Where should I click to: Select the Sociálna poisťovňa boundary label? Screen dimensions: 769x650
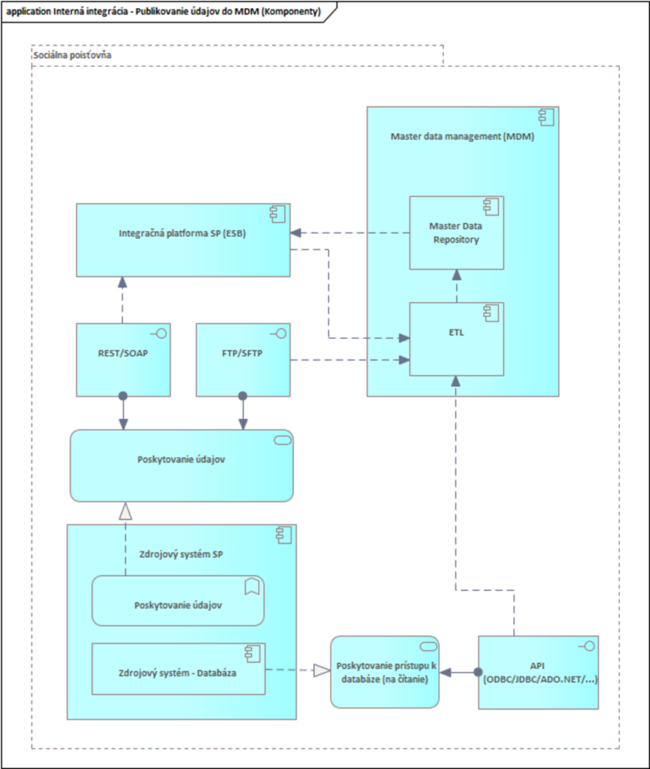(73, 55)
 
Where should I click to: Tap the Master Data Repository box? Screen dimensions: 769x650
(456, 233)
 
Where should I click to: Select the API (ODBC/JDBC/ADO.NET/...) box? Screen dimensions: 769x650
(538, 672)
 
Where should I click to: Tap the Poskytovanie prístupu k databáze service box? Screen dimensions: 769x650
(384, 672)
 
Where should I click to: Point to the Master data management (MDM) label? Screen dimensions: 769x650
(463, 136)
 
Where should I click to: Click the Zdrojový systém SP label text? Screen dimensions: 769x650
(181, 554)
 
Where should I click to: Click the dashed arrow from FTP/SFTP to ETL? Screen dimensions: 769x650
(346, 360)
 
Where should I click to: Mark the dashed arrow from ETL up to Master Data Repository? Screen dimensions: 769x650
(457, 287)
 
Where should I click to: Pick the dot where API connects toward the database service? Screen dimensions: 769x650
(478, 672)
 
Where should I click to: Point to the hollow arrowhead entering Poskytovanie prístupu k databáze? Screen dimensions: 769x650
(321, 670)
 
